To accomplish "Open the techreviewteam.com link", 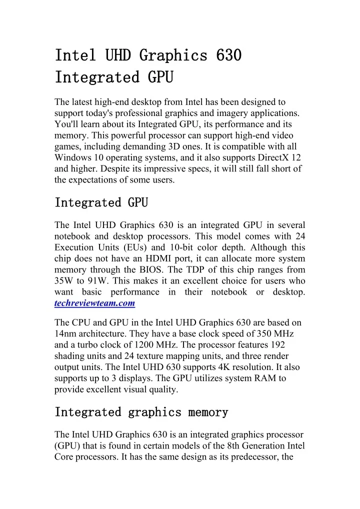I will click(95, 303).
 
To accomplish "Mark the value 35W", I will click(64, 281).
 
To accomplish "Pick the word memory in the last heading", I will click(208, 412).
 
